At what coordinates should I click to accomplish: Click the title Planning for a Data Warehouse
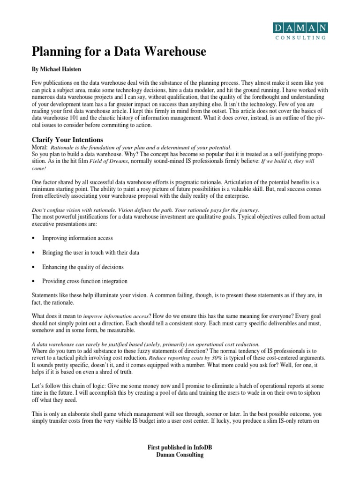pos(119,52)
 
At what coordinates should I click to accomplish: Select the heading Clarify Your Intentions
pos(67,140)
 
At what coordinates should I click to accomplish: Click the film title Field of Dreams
pos(111,161)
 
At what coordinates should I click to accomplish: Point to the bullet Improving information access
pos(77,238)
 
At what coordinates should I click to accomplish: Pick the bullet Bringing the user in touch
pos(90,253)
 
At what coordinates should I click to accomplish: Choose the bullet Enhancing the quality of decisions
pos(83,267)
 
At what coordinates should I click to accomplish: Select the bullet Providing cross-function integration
pos(85,281)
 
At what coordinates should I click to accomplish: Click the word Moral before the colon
pos(39,148)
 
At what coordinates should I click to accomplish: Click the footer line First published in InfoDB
pos(180,449)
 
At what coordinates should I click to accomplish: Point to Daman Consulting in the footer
pos(180,455)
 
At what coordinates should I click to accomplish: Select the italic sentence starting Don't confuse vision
pos(145,210)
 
